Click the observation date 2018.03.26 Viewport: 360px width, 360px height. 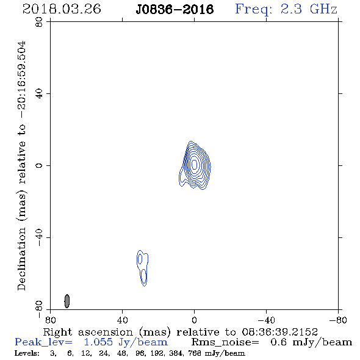click(x=62, y=9)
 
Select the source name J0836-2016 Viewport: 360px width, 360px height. click(x=175, y=9)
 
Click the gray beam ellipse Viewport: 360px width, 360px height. click(x=67, y=301)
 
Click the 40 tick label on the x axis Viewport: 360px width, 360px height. click(x=122, y=320)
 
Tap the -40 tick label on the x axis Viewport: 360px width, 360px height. click(x=266, y=320)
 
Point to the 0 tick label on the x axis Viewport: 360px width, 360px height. click(x=194, y=320)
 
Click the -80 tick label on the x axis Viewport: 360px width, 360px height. click(x=338, y=320)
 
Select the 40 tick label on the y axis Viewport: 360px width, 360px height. click(x=39, y=94)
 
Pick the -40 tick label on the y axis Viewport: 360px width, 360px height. click(x=39, y=237)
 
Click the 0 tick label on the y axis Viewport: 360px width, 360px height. click(x=39, y=165)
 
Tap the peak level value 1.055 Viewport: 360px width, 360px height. click(x=98, y=342)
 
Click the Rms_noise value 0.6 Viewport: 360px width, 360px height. click(x=278, y=342)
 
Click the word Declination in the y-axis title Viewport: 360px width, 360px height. click(x=21, y=259)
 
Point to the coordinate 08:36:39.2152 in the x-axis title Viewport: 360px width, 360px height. click(x=279, y=332)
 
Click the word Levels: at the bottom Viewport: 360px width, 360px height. click(x=27, y=353)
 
